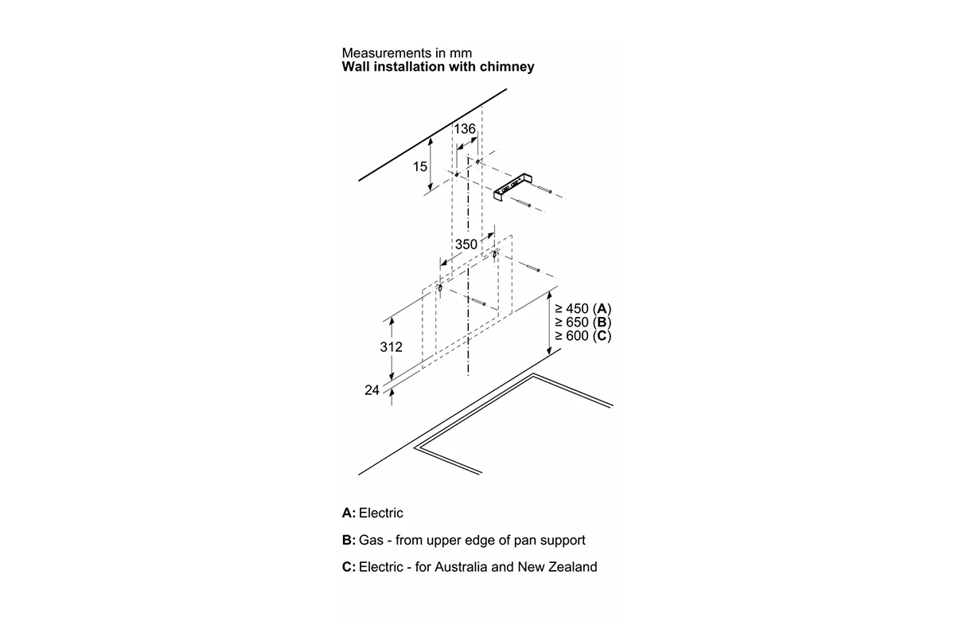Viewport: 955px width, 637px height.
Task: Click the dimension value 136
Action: click(464, 128)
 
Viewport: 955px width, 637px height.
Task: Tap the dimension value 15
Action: click(420, 166)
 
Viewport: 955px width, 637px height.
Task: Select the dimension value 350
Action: click(466, 244)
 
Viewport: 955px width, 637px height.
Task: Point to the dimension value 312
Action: click(391, 347)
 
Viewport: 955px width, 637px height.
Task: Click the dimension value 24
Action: click(372, 390)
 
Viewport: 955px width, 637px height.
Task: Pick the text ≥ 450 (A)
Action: click(583, 308)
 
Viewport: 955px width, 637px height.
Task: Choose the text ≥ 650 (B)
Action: click(583, 322)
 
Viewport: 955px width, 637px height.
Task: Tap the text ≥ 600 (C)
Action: click(583, 336)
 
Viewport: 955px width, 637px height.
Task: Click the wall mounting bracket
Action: click(513, 187)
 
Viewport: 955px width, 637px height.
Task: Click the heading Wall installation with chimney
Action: click(438, 67)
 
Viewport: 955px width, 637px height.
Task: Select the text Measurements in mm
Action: click(407, 53)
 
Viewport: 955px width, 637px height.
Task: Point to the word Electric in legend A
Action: click(380, 513)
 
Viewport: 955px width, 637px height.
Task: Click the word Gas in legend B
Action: click(371, 540)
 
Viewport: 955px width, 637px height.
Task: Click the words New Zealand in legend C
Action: click(557, 567)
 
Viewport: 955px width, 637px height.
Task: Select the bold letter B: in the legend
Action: click(349, 540)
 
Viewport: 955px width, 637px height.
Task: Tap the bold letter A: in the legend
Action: click(349, 513)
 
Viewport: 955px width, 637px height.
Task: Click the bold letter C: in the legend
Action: click(349, 567)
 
